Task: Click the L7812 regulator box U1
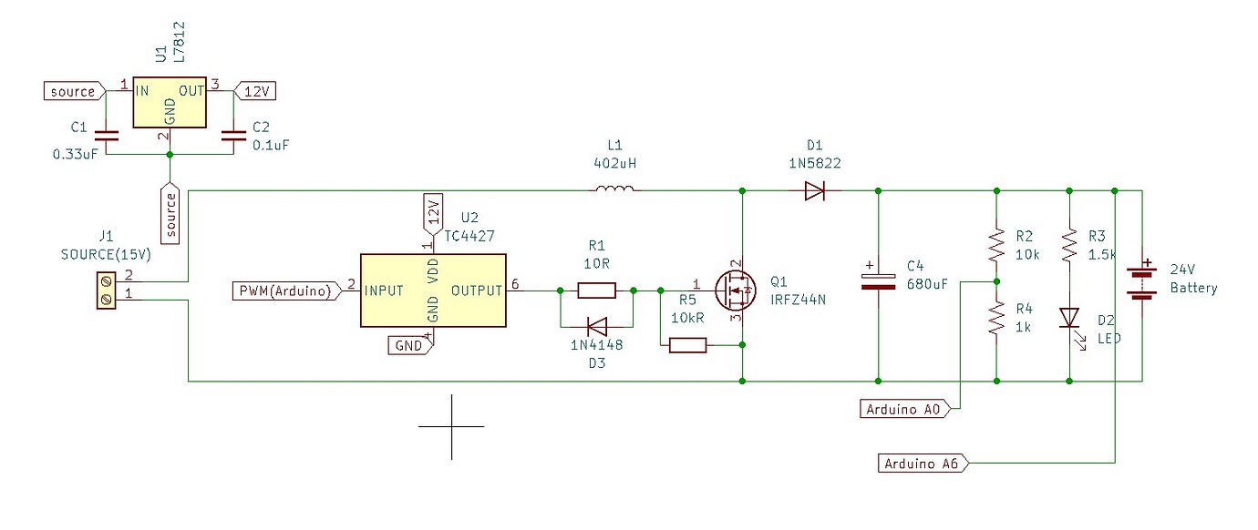coord(170,102)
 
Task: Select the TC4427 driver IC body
coord(433,290)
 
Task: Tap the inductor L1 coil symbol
coord(617,189)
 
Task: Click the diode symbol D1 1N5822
coord(813,190)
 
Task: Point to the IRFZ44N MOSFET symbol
coord(736,290)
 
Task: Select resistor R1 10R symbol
coord(596,290)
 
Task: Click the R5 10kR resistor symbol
coord(688,345)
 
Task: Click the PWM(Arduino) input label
coord(284,290)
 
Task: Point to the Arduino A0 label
coord(905,410)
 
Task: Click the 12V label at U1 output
coord(257,91)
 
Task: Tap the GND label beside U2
coord(407,345)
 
